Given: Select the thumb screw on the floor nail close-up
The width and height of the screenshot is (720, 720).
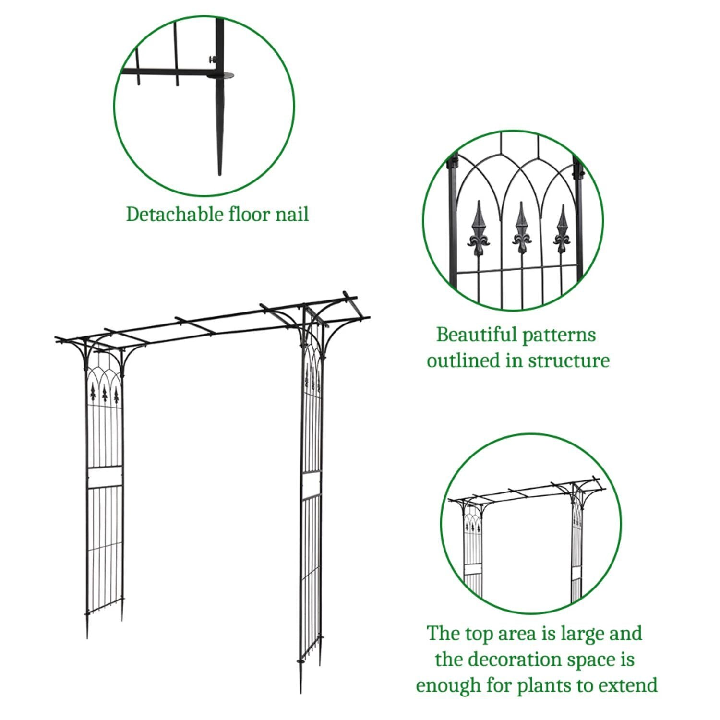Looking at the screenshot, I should [x=212, y=60].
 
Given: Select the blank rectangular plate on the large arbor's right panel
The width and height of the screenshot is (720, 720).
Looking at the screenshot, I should [x=311, y=484].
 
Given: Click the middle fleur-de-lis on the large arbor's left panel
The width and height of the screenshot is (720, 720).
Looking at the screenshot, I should [x=104, y=394].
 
